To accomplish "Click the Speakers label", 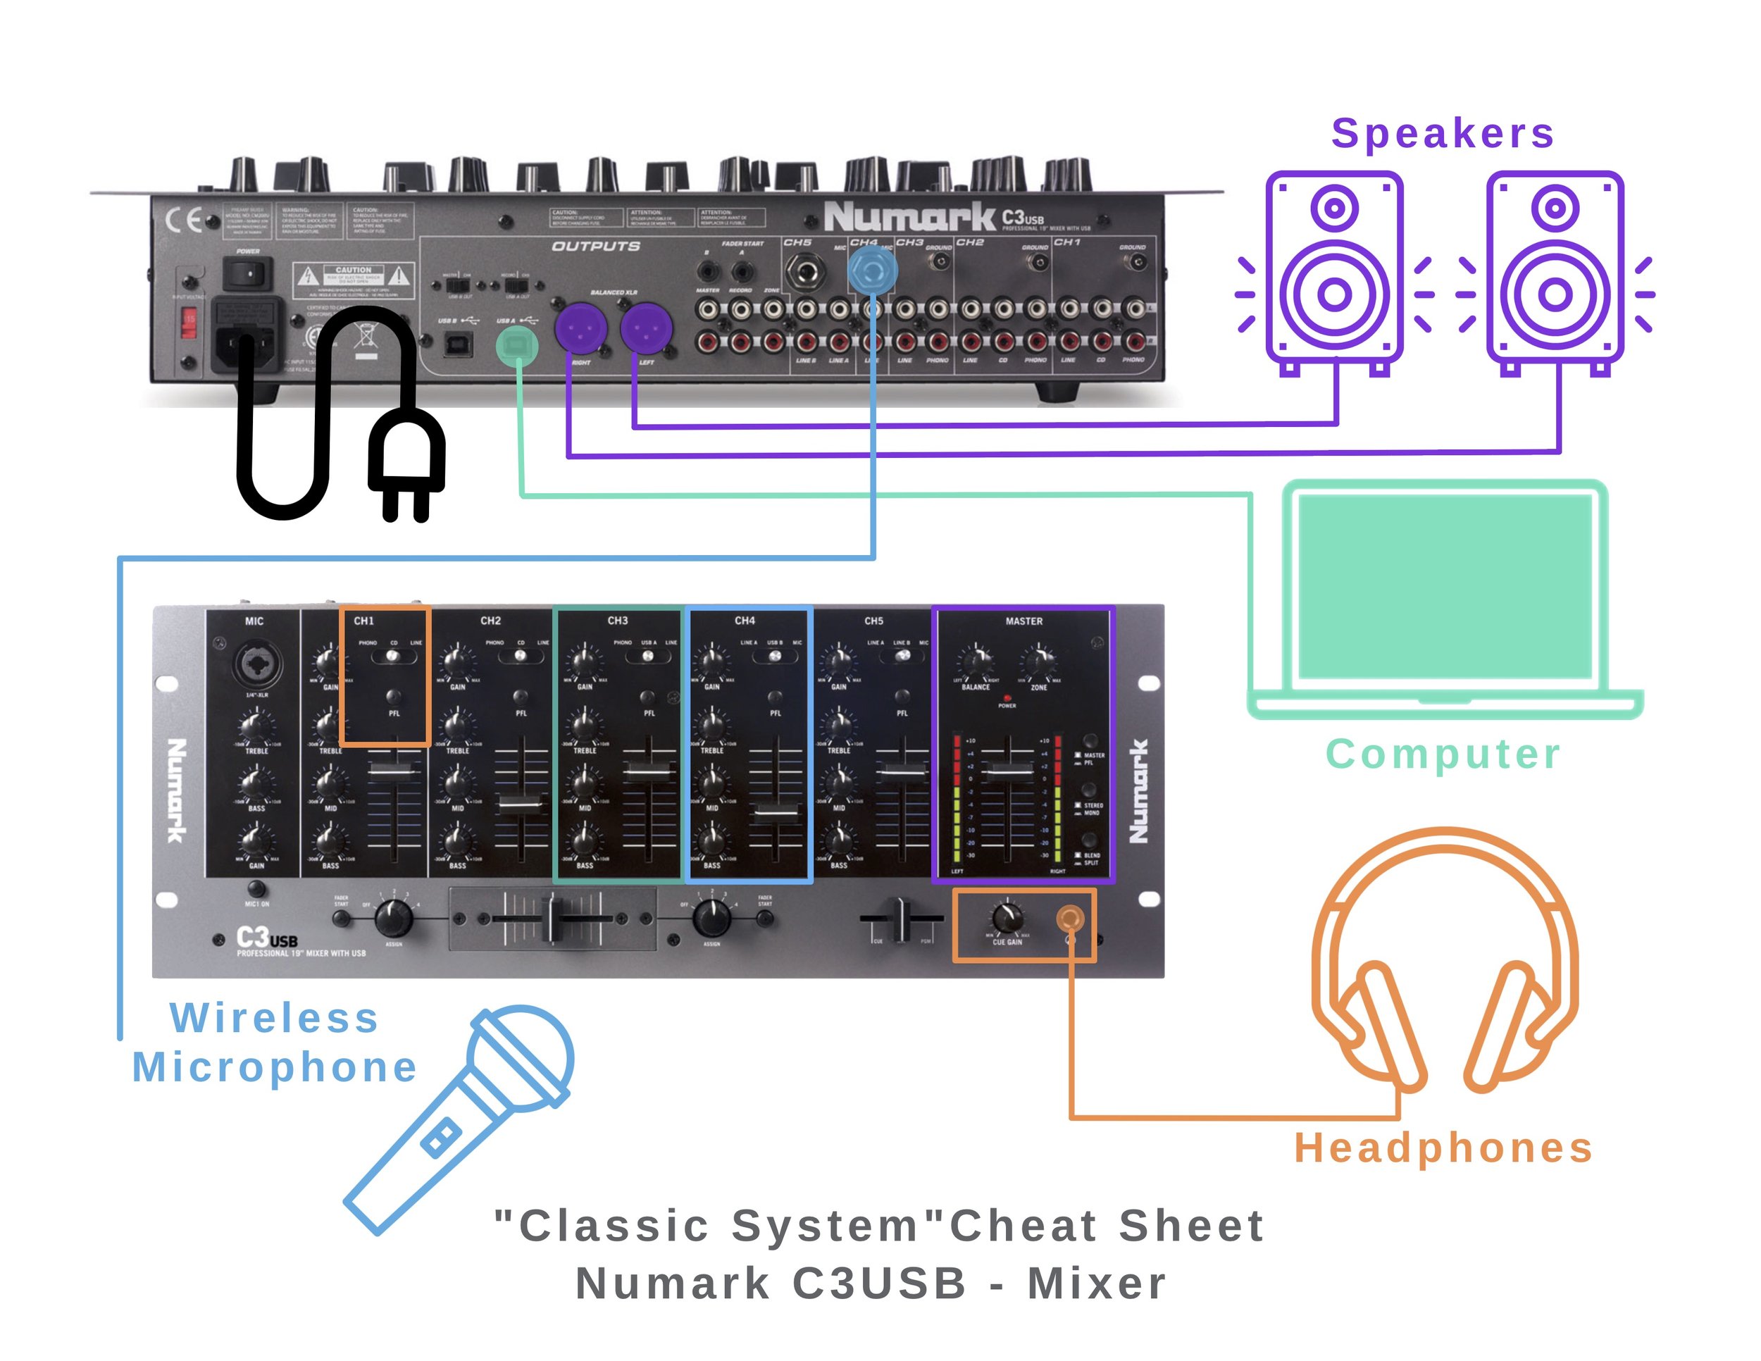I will [x=1442, y=133].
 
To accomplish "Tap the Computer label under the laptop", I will [x=1443, y=754].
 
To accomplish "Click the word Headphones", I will [x=1443, y=1148].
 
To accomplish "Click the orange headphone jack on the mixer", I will [x=1070, y=919].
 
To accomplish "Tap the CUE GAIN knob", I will [x=1007, y=917].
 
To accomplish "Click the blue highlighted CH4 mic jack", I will [x=873, y=271].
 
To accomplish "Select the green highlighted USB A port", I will [x=517, y=347].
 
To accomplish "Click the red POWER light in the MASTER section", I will [x=1007, y=698].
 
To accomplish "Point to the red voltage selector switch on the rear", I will [x=189, y=324].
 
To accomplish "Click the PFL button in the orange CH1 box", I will [x=394, y=696].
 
